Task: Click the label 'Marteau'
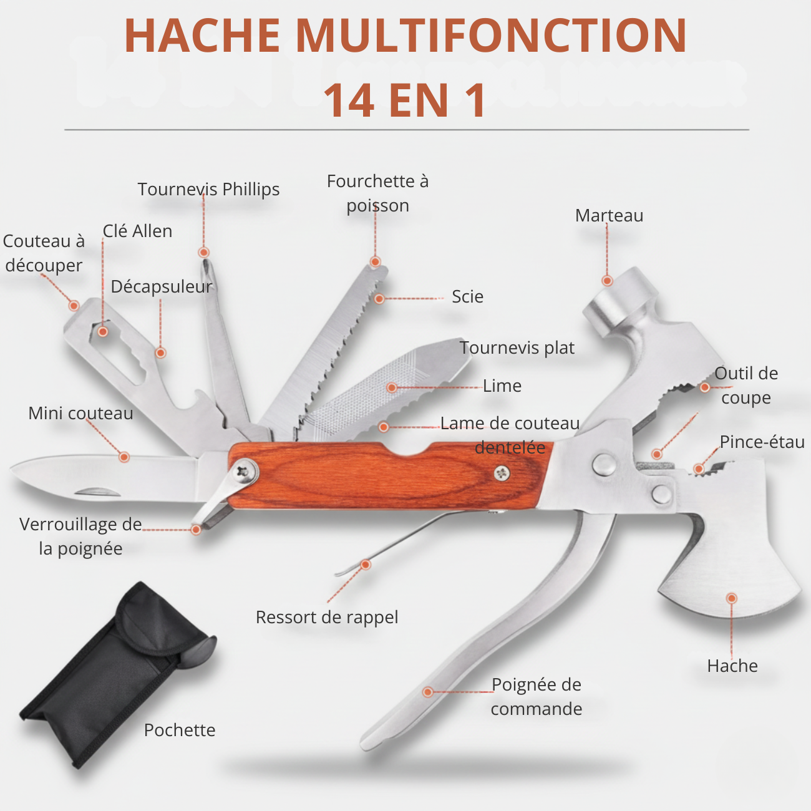click(609, 215)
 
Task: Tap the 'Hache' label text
click(732, 666)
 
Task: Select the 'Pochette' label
click(180, 730)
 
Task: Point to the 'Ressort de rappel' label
click(327, 617)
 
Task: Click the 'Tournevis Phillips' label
click(208, 189)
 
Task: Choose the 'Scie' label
click(467, 296)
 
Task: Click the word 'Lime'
click(502, 386)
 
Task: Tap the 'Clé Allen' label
click(137, 231)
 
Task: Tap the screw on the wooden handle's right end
click(502, 473)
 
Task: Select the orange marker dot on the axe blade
click(732, 598)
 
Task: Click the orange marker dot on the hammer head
click(607, 281)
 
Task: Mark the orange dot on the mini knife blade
click(124, 457)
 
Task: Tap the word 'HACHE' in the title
click(203, 36)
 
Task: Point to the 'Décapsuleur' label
click(162, 286)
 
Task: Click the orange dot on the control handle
click(428, 692)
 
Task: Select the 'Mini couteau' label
click(80, 413)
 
